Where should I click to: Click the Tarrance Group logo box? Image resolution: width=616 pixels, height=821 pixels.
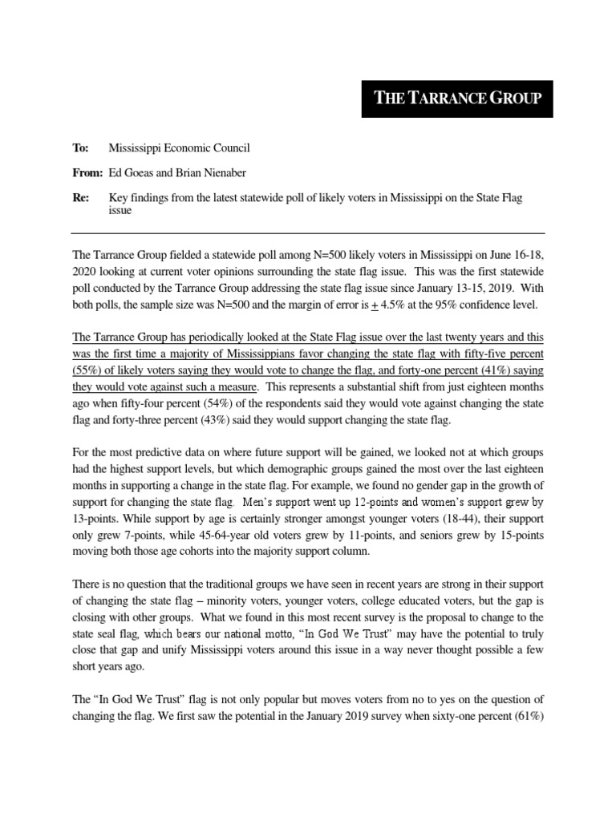click(x=456, y=98)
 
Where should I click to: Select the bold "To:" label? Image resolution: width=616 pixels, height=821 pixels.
click(x=80, y=148)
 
